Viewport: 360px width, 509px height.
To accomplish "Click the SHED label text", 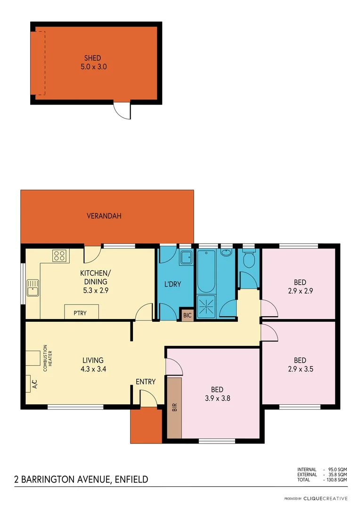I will click(93, 58).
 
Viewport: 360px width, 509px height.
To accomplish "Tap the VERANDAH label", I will click(104, 216).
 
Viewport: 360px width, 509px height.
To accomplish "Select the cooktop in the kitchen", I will click(59, 256).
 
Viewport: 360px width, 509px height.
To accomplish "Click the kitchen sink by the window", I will click(33, 287).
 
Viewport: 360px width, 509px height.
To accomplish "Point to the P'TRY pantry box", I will click(82, 312).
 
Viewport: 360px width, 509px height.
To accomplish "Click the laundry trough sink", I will click(186, 257).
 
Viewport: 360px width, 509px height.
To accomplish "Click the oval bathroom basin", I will click(227, 253).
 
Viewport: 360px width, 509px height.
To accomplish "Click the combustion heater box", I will click(33, 358).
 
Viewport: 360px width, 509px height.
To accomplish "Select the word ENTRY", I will click(146, 382).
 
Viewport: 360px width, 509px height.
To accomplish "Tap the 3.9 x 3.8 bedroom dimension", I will click(217, 398).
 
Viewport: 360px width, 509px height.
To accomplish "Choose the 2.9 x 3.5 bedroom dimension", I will click(300, 369).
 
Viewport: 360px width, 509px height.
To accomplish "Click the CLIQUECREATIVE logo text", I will click(326, 498).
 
